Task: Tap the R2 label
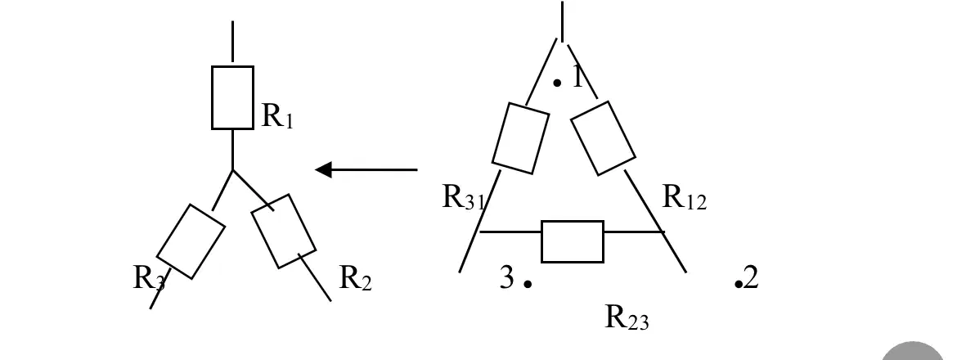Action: click(355, 278)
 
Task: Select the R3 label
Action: click(149, 278)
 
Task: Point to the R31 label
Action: click(463, 197)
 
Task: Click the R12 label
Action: click(684, 197)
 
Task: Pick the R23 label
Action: click(627, 317)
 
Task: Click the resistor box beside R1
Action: click(232, 97)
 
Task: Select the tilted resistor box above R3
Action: click(191, 241)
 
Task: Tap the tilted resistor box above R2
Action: click(284, 232)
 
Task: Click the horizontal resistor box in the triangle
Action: click(573, 241)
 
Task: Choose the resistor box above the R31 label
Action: click(520, 138)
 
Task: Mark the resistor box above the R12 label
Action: click(603, 138)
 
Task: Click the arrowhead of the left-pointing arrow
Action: click(323, 169)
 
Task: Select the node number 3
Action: click(507, 277)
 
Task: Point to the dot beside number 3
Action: click(528, 284)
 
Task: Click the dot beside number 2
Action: click(739, 284)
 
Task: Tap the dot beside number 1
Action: click(557, 83)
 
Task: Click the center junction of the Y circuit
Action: click(232, 169)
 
